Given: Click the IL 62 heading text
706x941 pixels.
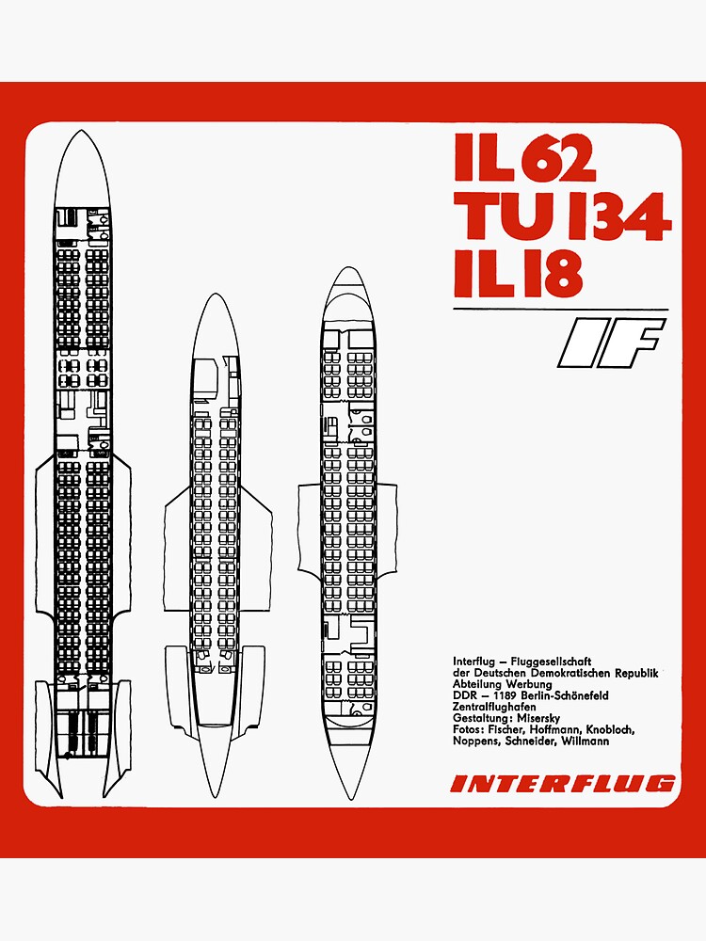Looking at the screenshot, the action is tap(524, 157).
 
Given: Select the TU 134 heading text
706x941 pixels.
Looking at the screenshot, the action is tap(563, 216).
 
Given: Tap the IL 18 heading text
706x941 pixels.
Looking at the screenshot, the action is tap(518, 274).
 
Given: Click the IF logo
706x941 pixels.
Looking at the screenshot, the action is tap(611, 343).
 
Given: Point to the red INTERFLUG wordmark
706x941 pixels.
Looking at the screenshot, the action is tap(563, 784).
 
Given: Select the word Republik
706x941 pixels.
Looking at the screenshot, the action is tap(636, 673).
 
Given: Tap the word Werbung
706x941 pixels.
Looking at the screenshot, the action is tap(529, 684).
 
